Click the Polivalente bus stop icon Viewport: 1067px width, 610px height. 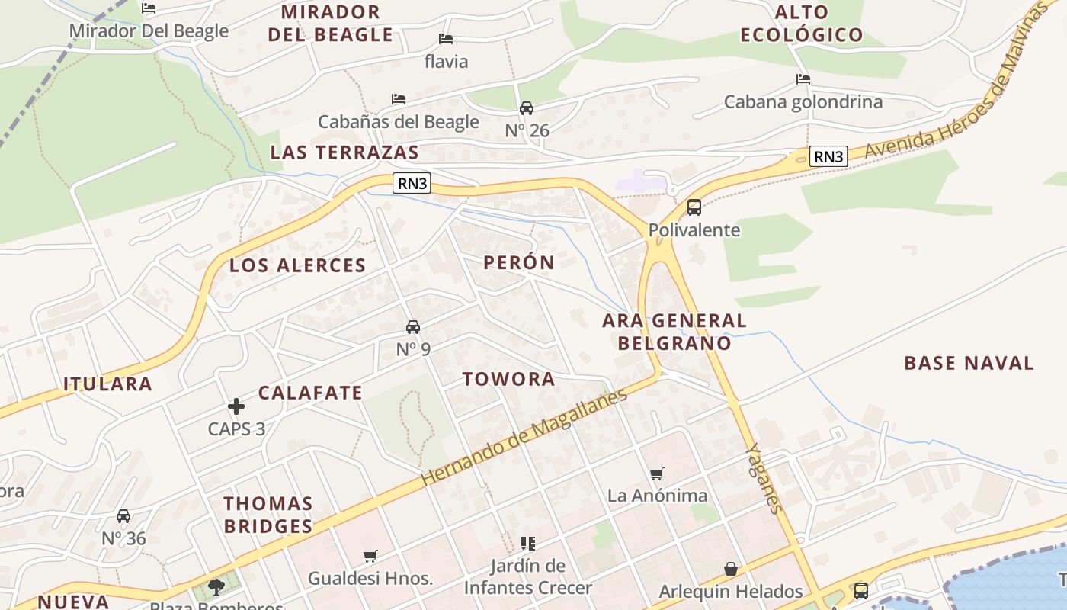pyautogui.click(x=694, y=207)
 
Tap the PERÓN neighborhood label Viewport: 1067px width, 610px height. pyautogui.click(x=519, y=262)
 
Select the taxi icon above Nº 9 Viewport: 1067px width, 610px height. pyautogui.click(x=413, y=327)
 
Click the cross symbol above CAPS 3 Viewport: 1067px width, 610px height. pyautogui.click(x=236, y=406)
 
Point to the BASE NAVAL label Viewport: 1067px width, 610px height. pyautogui.click(x=969, y=363)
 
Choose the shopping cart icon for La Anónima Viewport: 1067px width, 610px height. pyautogui.click(x=657, y=474)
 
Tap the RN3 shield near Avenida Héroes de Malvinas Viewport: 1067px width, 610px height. pyautogui.click(x=828, y=156)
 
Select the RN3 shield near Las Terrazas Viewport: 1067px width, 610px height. pyautogui.click(x=412, y=183)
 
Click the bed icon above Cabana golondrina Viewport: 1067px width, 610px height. pyautogui.click(x=803, y=79)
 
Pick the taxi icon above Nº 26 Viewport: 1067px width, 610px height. pyautogui.click(x=527, y=108)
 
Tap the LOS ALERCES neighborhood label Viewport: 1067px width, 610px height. pyautogui.click(x=298, y=265)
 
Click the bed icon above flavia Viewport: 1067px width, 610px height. pyautogui.click(x=446, y=39)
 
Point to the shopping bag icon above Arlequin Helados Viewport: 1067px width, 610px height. pyautogui.click(x=730, y=569)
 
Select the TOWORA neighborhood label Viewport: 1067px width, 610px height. pyautogui.click(x=508, y=379)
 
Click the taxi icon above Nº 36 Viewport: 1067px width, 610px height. pyautogui.click(x=123, y=516)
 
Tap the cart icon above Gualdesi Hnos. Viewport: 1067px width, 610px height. pyautogui.click(x=370, y=556)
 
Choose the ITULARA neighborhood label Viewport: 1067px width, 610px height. pyautogui.click(x=107, y=384)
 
